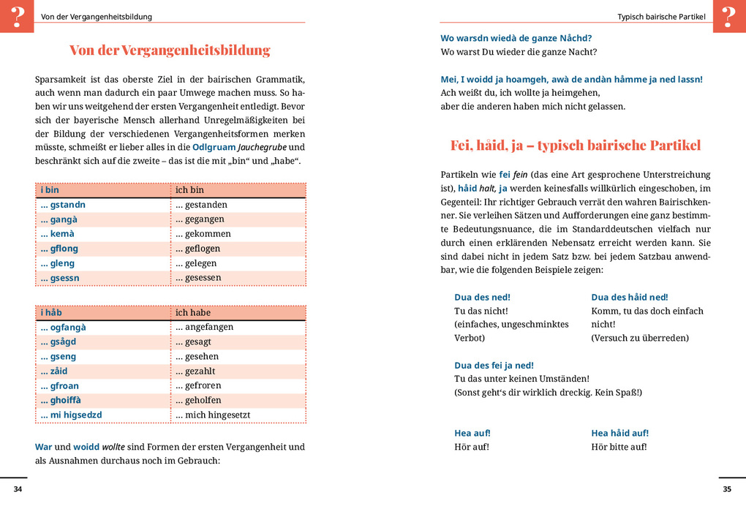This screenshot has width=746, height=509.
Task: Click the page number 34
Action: (x=18, y=489)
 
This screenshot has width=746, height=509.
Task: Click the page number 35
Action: (x=726, y=489)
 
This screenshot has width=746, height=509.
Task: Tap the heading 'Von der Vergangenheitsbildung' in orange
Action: (x=170, y=50)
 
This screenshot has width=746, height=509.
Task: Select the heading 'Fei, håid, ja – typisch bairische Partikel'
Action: (x=575, y=145)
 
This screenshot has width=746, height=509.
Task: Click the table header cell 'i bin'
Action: (x=50, y=190)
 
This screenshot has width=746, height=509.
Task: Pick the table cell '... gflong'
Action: (x=59, y=249)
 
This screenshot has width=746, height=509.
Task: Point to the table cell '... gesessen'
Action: (x=198, y=278)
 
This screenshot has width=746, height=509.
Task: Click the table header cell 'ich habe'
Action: (x=193, y=312)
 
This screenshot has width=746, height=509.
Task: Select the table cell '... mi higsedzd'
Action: (x=71, y=415)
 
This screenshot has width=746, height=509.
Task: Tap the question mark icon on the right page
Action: (x=728, y=16)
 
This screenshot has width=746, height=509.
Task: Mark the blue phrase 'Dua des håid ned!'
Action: (x=629, y=297)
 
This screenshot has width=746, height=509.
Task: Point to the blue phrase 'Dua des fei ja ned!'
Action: (x=494, y=365)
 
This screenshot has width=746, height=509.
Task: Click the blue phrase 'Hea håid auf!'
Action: (x=619, y=433)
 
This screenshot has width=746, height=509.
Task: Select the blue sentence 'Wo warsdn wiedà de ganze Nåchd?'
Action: (x=516, y=38)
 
